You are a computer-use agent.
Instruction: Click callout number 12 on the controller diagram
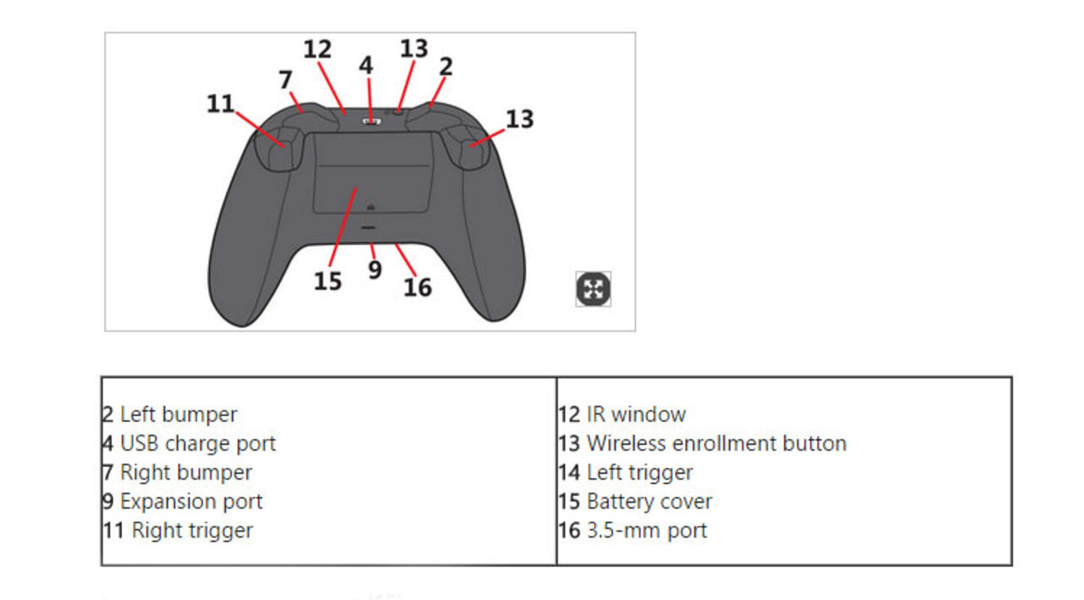[318, 49]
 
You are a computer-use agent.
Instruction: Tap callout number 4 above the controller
[366, 65]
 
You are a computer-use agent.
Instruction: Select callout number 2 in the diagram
[445, 66]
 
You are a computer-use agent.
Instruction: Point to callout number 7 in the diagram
[286, 80]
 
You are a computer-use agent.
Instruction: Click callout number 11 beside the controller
[220, 103]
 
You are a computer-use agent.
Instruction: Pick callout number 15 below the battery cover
[328, 281]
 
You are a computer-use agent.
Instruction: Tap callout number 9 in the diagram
[374, 269]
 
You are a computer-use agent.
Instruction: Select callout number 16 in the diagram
[418, 287]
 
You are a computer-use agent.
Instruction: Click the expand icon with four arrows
[593, 289]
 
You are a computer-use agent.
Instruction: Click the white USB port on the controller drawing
[371, 121]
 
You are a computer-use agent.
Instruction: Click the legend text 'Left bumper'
[178, 414]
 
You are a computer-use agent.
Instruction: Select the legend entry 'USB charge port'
[197, 443]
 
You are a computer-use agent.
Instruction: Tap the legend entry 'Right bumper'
[185, 472]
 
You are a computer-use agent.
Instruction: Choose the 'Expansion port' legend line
[191, 501]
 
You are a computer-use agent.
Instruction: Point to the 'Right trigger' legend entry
[191, 531]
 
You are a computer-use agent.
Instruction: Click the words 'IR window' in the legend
[635, 414]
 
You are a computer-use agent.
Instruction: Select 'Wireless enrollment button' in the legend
[716, 443]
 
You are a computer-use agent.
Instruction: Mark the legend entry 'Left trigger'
[639, 472]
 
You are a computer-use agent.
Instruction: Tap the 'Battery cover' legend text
[649, 501]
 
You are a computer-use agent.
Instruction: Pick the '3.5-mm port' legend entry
[646, 531]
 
